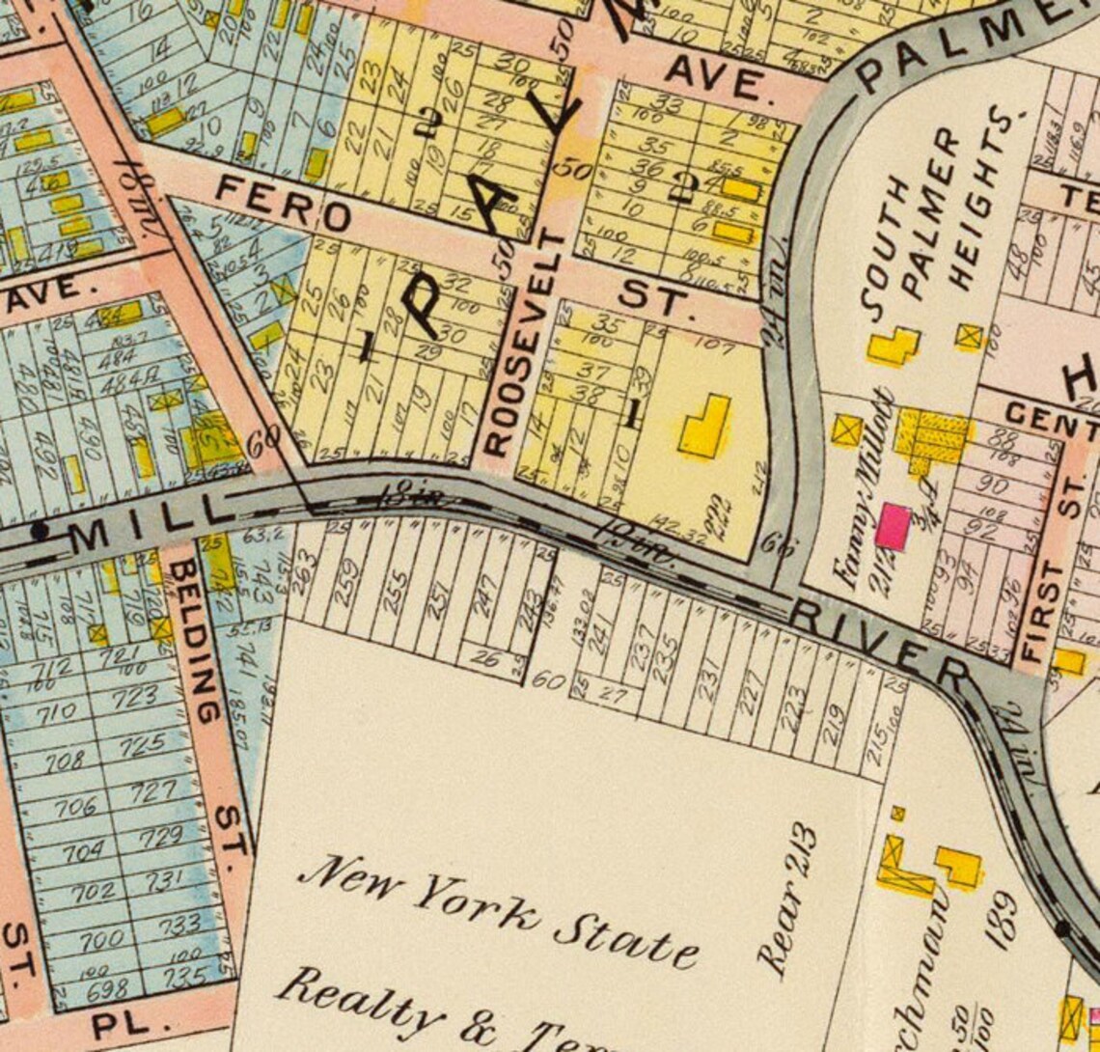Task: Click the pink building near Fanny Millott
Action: click(893, 527)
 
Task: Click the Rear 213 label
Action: click(788, 901)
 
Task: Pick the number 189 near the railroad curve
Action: click(1004, 917)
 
